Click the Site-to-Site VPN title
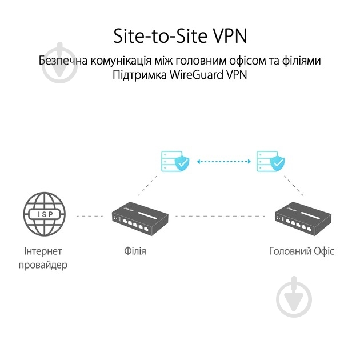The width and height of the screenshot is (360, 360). pos(180,36)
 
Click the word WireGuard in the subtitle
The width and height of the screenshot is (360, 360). pos(197,75)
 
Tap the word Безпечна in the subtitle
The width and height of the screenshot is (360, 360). pos(63,61)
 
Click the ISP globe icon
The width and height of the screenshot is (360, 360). pos(45,214)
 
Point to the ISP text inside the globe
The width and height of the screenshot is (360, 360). pos(45,214)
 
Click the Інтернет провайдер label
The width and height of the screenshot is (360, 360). pos(43,258)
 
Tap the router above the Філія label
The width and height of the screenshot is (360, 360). pos(140,217)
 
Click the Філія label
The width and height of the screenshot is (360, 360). pos(135,251)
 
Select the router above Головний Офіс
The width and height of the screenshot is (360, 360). pos(303,217)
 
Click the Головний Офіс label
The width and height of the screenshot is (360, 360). pos(302,251)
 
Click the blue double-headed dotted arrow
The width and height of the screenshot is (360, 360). pos(224,162)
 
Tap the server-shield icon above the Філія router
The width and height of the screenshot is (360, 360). pos(175,161)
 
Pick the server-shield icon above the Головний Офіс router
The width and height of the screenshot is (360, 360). pos(270,161)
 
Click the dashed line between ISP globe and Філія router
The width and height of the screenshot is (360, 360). pos(90,216)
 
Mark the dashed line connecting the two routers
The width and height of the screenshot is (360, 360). pos(220,216)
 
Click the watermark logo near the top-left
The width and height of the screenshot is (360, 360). pos(60,63)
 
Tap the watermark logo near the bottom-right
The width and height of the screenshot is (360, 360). pos(294,297)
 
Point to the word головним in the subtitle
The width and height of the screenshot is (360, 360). pos(196,61)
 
